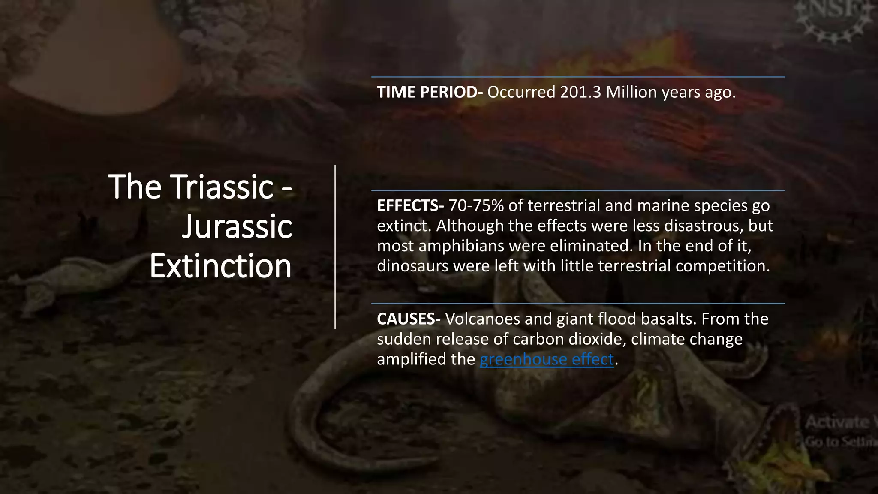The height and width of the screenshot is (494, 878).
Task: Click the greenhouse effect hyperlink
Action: click(x=547, y=359)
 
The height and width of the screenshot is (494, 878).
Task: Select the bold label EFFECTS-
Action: click(x=410, y=206)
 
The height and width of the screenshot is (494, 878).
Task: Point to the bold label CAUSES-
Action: click(x=409, y=319)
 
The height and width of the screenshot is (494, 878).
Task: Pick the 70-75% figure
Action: click(x=476, y=206)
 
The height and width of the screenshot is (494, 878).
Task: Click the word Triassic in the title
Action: click(x=223, y=187)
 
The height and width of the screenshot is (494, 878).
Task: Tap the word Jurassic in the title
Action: click(x=237, y=226)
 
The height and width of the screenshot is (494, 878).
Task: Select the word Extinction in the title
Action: click(x=221, y=266)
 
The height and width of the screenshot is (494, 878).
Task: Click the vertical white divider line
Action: click(x=335, y=247)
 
